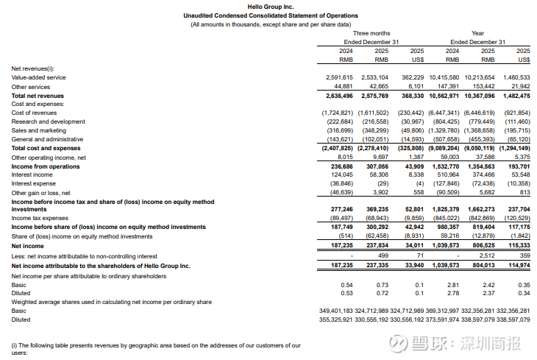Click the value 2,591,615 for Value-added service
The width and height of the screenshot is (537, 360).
point(340,77)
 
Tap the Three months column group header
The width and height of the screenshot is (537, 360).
point(371,33)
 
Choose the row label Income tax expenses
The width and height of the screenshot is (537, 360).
point(39,218)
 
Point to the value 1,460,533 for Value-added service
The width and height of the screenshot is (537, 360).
point(515,77)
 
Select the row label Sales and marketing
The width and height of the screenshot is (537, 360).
point(38,130)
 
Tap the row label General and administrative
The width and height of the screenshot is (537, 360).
point(46,138)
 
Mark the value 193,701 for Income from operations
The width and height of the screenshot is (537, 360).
point(518,166)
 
